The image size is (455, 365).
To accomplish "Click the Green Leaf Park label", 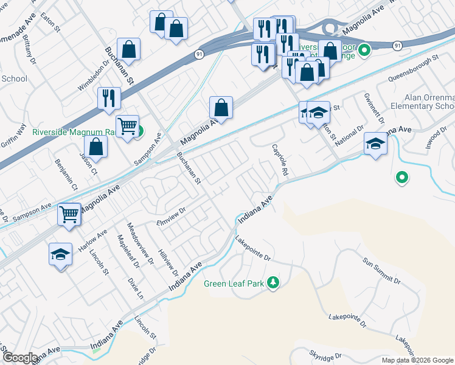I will click(234, 283).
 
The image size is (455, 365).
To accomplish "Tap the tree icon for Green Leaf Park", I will click(274, 283).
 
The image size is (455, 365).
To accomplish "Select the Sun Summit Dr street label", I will click(382, 271).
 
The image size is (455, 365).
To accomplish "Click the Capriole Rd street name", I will click(279, 160).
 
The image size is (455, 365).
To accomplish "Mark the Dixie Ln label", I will click(136, 290).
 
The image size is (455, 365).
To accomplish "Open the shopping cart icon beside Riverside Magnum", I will click(128, 126).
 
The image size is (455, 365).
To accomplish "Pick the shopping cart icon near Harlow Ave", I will click(69, 214).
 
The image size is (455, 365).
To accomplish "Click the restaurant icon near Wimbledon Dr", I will click(109, 97).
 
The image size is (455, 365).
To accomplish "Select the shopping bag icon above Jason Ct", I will click(96, 146).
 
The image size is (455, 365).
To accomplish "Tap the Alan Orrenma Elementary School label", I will click(429, 102).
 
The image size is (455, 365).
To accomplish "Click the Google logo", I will click(19, 358).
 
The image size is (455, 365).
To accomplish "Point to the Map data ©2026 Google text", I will click(417, 360).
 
